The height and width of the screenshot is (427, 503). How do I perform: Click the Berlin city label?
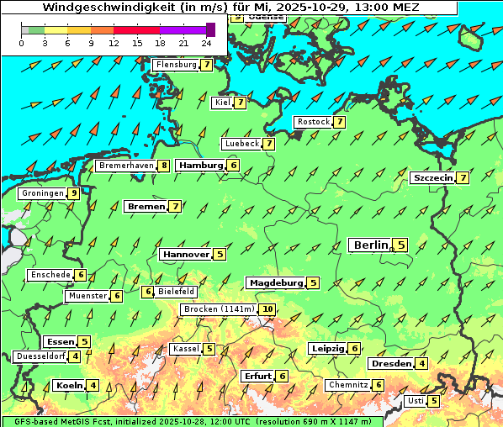[x=370, y=245]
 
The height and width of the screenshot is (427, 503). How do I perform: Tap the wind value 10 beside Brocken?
[x=267, y=309]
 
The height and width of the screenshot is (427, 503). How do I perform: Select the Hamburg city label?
[x=200, y=166]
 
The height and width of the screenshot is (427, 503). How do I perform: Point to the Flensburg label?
[x=176, y=65]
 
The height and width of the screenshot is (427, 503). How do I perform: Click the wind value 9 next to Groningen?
[x=74, y=193]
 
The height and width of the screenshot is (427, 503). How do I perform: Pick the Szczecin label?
[x=432, y=178]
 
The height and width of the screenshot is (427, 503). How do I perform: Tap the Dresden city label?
[x=391, y=364]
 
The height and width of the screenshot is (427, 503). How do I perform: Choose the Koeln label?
[x=68, y=386]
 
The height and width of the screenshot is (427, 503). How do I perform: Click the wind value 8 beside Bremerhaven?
[x=164, y=166]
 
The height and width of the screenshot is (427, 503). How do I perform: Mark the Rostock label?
[x=313, y=122]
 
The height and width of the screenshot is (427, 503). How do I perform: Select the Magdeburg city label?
[x=275, y=282]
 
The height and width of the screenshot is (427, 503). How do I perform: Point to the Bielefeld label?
[x=176, y=292]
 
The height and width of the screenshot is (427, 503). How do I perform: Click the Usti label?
[x=415, y=401]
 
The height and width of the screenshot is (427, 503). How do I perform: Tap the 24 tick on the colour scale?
[x=206, y=43]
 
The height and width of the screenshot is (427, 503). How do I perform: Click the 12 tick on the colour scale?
[x=114, y=43]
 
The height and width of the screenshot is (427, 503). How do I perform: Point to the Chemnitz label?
[x=347, y=385]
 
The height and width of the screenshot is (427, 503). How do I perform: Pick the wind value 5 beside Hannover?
[x=220, y=254]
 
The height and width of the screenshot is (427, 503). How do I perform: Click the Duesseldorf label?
[x=40, y=356]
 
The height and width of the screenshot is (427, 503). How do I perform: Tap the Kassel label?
[x=185, y=349]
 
